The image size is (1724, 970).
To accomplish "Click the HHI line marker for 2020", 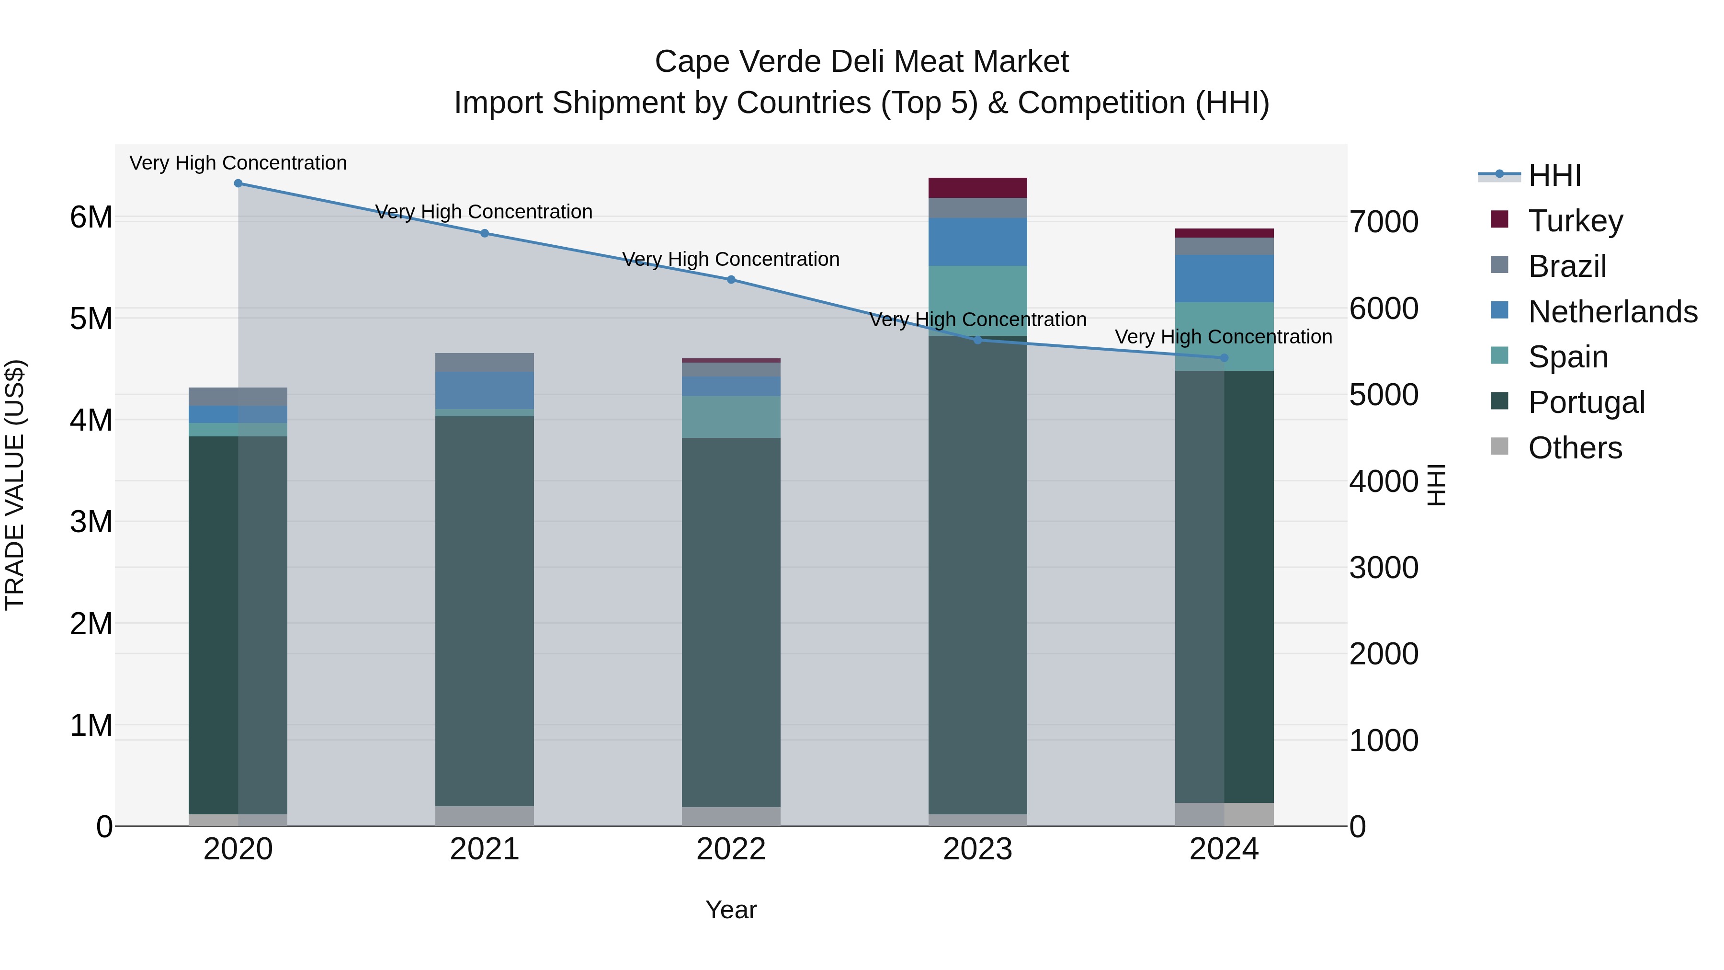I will point(238,183).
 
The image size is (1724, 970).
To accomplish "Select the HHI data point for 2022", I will point(731,280).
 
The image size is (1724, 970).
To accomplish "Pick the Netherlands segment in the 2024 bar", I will point(1224,278).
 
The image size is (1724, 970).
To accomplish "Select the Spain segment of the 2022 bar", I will point(731,417).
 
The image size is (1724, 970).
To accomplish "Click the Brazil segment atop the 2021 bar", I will point(485,362).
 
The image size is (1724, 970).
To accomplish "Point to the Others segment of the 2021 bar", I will point(485,816).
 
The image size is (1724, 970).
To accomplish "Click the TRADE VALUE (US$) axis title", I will point(15,485).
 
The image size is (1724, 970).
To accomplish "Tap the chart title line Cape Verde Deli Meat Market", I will point(862,62).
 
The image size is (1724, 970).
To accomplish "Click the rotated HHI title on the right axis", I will point(1437,485).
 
